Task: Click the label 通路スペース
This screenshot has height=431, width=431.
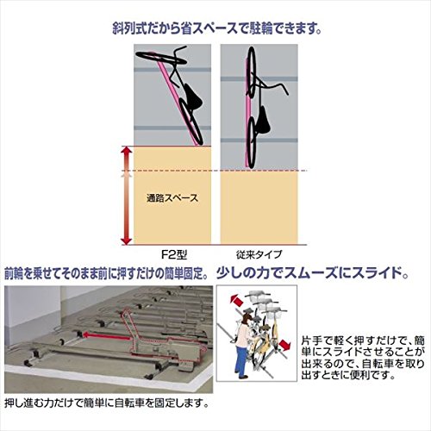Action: tap(172, 198)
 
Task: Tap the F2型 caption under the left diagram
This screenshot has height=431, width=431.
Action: tap(173, 254)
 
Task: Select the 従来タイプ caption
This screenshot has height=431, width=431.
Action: tap(259, 254)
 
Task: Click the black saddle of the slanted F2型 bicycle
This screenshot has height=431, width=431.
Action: tap(192, 97)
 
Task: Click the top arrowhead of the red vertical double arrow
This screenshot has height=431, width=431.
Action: tap(127, 152)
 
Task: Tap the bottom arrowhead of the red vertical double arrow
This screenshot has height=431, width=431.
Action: tap(127, 240)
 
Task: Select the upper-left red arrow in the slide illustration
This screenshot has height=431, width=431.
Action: tap(236, 301)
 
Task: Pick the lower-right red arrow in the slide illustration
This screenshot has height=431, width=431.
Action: tap(284, 345)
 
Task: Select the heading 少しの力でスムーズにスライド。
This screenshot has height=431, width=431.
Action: tap(313, 272)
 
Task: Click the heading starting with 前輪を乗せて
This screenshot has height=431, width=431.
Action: tap(107, 274)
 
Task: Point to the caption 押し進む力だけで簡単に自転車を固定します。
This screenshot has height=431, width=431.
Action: tap(107, 403)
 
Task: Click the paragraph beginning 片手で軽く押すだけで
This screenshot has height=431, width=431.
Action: tap(363, 358)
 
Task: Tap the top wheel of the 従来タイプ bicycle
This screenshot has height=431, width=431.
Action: tap(251, 71)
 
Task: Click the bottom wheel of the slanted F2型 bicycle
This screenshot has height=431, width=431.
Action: tap(191, 122)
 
